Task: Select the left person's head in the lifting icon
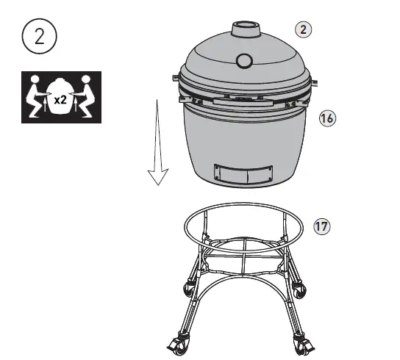(x=34, y=79)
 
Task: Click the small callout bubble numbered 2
(x=303, y=29)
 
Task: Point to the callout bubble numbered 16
(x=326, y=118)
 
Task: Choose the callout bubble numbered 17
(x=321, y=226)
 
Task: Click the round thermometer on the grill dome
(x=245, y=60)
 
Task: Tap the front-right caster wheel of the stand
(x=301, y=343)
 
